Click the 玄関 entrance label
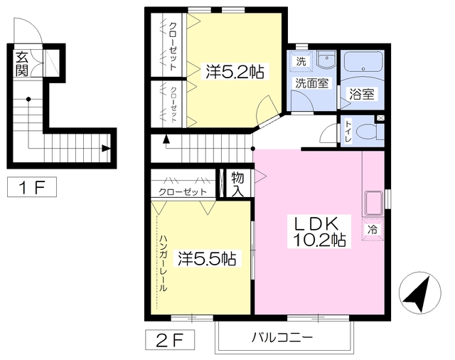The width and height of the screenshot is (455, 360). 22,63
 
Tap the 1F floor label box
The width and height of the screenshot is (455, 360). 32,187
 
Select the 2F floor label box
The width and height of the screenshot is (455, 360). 170,339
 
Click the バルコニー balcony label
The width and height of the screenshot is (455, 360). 282,337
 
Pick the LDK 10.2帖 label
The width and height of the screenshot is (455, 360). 319,231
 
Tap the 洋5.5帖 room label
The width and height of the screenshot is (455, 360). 207,258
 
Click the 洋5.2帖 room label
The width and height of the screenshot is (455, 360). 235,71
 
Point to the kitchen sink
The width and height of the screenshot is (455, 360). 373,203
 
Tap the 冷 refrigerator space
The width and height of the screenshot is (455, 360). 373,229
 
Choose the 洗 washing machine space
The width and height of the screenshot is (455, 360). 301,62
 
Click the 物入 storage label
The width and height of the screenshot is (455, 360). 237,184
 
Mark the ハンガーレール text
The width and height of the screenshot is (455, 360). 164,263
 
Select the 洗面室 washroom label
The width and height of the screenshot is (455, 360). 311,83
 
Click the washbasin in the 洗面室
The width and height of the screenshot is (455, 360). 326,60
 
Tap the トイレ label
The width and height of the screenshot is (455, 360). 348,132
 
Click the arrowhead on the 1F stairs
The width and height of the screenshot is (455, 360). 106,149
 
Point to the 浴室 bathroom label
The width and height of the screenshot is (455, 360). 362,94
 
